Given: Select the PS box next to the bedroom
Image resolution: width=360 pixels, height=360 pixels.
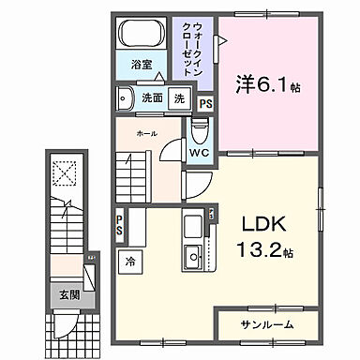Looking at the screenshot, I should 206,103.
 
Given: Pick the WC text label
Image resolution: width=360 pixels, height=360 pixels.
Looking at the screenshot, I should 199,152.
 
